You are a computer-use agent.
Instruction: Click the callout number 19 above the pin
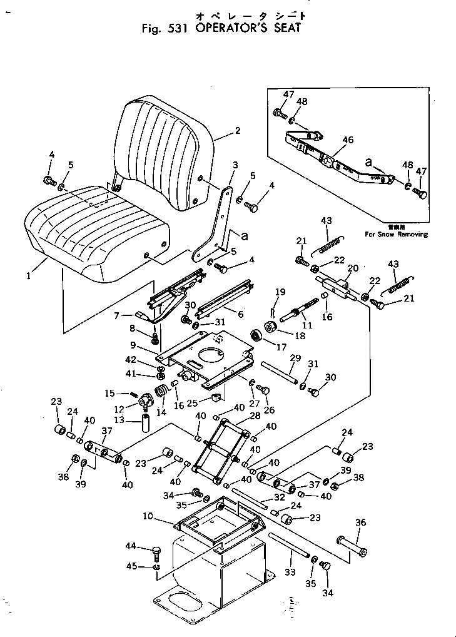pyautogui.click(x=279, y=292)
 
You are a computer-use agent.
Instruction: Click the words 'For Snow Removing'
pyautogui.click(x=397, y=235)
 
